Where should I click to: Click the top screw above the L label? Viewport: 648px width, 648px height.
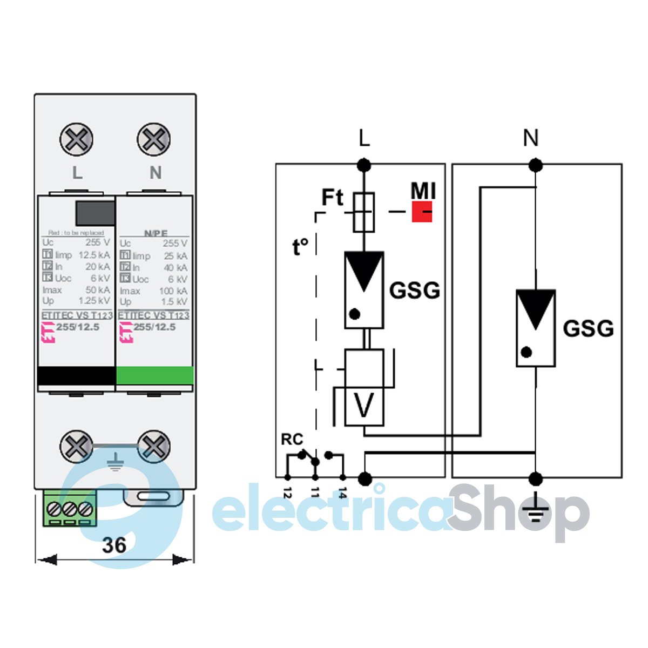tap(76, 139)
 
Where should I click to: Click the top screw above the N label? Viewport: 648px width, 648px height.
tap(154, 139)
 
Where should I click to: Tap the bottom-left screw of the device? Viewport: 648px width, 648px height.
tap(76, 447)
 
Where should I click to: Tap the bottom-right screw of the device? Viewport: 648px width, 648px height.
tap(154, 447)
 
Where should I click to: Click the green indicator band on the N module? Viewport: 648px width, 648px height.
tap(155, 375)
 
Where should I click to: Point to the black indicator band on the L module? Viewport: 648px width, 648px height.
tap(76, 375)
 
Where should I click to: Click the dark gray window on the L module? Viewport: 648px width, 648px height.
tap(94, 213)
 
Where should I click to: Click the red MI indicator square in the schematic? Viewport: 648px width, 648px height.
tap(422, 211)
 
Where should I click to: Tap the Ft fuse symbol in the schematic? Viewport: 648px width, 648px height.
tap(364, 212)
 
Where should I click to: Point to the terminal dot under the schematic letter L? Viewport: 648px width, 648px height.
tap(364, 164)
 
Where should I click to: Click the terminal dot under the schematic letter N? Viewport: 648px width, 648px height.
tap(535, 164)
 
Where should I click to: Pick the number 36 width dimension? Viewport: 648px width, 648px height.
tap(114, 545)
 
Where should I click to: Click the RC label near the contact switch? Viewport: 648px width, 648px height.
tap(292, 440)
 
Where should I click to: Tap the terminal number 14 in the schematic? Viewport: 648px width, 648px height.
tap(342, 492)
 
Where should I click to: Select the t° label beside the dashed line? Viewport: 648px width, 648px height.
tap(300, 247)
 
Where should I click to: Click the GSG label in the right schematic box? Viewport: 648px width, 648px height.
tap(588, 328)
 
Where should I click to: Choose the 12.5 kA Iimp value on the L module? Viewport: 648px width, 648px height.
tap(94, 255)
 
